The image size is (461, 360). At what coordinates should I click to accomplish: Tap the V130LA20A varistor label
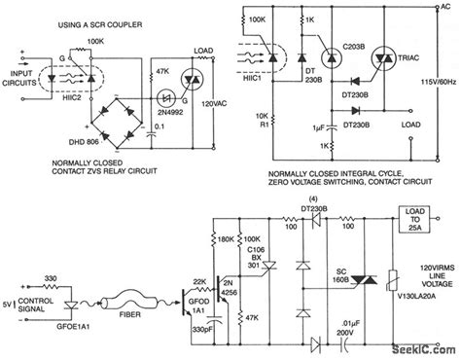pos(419,303)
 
